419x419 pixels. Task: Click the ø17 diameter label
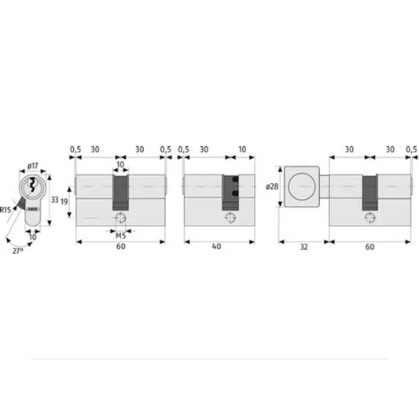point(32,166)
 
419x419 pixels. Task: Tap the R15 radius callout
point(6,210)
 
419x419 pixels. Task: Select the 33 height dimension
point(54,200)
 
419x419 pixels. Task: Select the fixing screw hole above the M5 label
point(121,217)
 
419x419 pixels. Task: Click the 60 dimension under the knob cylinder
point(369,245)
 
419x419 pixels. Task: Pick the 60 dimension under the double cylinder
point(121,245)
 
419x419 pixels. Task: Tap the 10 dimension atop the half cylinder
point(241,149)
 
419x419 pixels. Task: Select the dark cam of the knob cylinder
point(369,191)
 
